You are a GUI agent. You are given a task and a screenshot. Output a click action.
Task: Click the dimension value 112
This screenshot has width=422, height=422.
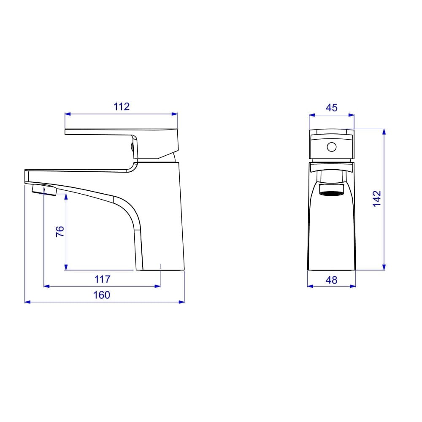pyautogui.click(x=122, y=107)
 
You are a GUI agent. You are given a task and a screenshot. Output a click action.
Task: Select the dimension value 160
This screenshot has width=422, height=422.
pyautogui.click(x=101, y=295)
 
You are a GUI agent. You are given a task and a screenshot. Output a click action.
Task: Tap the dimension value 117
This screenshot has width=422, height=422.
pyautogui.click(x=102, y=279)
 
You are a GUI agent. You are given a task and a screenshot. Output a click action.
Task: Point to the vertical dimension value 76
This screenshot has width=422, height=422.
pyautogui.click(x=60, y=231)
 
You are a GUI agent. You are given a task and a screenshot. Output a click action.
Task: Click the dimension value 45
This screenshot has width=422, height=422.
pyautogui.click(x=332, y=108)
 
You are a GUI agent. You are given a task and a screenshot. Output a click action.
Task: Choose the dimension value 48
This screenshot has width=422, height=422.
pyautogui.click(x=331, y=280)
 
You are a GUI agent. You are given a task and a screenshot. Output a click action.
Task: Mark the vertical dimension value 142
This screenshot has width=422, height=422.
pyautogui.click(x=377, y=199)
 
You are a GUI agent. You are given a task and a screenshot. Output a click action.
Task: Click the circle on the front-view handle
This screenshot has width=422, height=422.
pyautogui.click(x=332, y=147)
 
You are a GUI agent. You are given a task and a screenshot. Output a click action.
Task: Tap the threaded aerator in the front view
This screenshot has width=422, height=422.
pyautogui.click(x=332, y=189)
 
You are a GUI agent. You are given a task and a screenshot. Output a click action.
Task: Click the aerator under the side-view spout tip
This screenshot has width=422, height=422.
pyautogui.click(x=44, y=190)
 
